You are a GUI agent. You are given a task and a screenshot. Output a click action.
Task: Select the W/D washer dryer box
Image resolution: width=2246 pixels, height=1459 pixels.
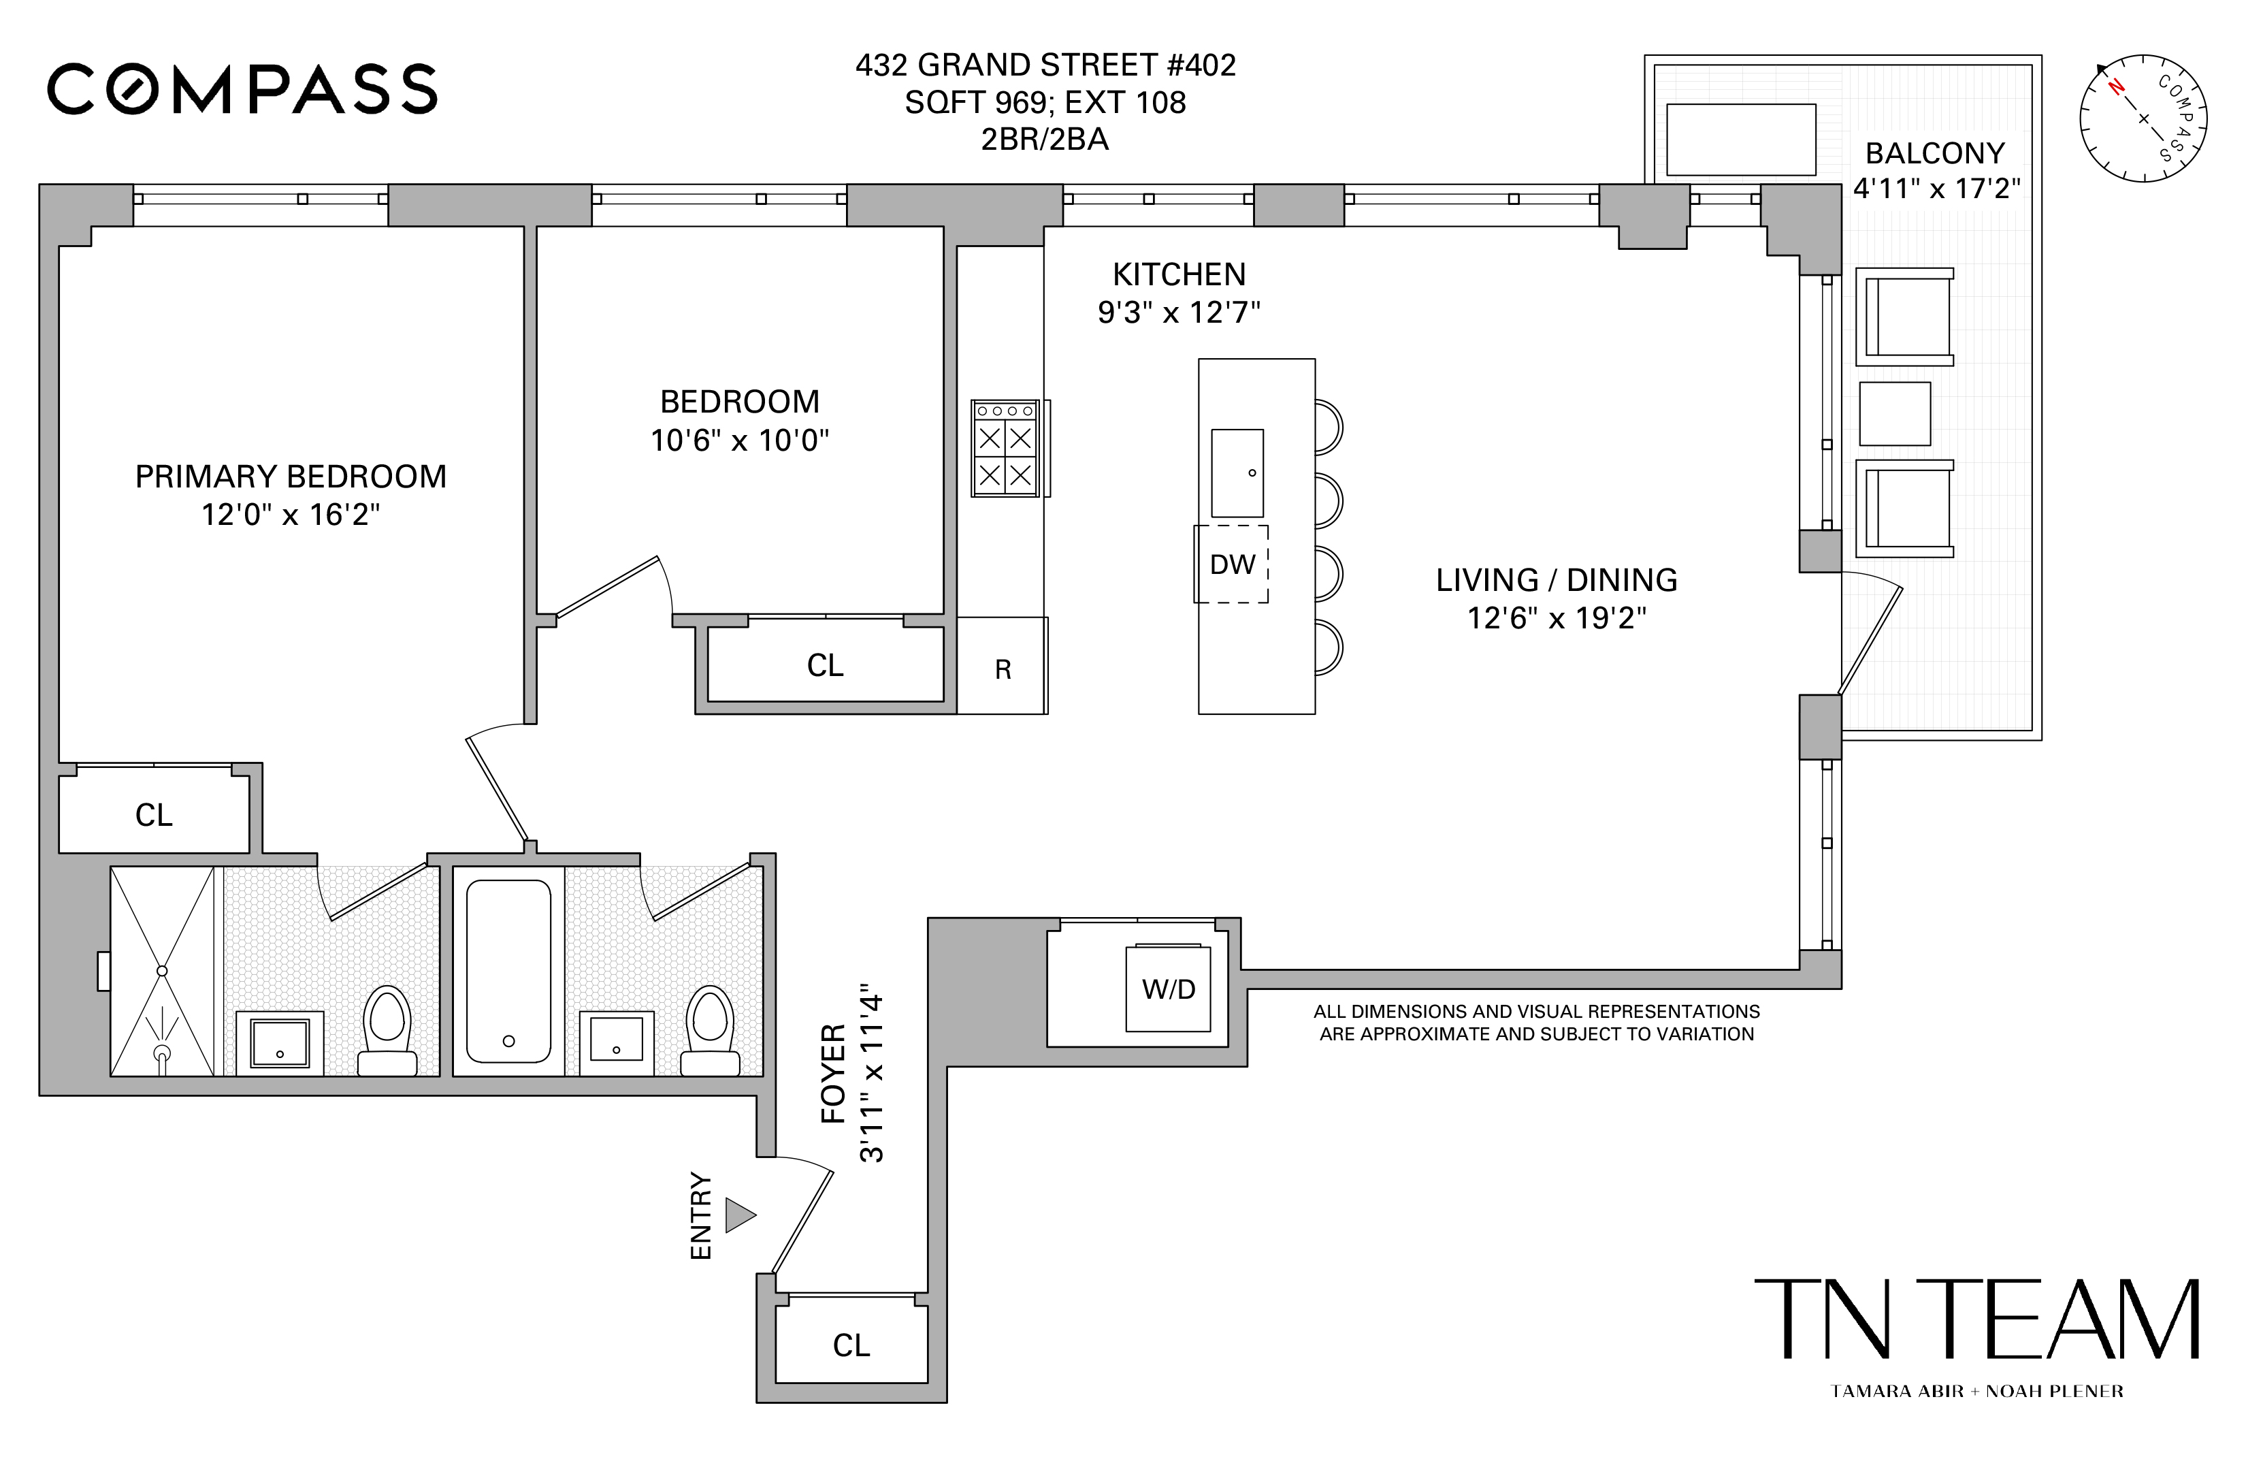pos(1169,988)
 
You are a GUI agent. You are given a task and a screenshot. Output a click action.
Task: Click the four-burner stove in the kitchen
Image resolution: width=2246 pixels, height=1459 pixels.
pos(1005,448)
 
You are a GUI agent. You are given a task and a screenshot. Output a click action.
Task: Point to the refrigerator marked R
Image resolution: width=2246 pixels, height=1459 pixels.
pos(1003,668)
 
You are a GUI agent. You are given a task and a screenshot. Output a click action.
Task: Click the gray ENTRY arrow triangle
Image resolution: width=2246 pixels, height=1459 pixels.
pos(739,1215)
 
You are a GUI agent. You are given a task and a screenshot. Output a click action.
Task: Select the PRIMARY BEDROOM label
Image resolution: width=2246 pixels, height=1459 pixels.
pos(291,477)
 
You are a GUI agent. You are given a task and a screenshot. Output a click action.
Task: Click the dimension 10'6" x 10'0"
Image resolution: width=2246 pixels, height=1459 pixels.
pos(739,440)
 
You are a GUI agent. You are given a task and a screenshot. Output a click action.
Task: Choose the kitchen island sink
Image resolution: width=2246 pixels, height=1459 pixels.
pos(1237,472)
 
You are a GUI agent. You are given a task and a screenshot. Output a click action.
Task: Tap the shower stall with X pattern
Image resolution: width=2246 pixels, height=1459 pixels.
pos(162,970)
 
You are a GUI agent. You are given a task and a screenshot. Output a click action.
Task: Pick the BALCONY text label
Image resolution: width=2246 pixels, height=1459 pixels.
pos(1934,153)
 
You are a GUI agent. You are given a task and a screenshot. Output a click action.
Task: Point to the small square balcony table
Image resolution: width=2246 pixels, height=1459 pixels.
pos(1894,413)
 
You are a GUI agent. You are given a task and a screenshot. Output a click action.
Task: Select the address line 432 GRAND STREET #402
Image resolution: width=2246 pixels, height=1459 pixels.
pos(1045,65)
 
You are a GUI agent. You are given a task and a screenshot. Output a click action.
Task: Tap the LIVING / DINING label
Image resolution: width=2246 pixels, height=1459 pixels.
pos(1556,579)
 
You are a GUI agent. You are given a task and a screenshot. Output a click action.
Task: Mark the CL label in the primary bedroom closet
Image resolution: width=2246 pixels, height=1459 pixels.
pos(154,814)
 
